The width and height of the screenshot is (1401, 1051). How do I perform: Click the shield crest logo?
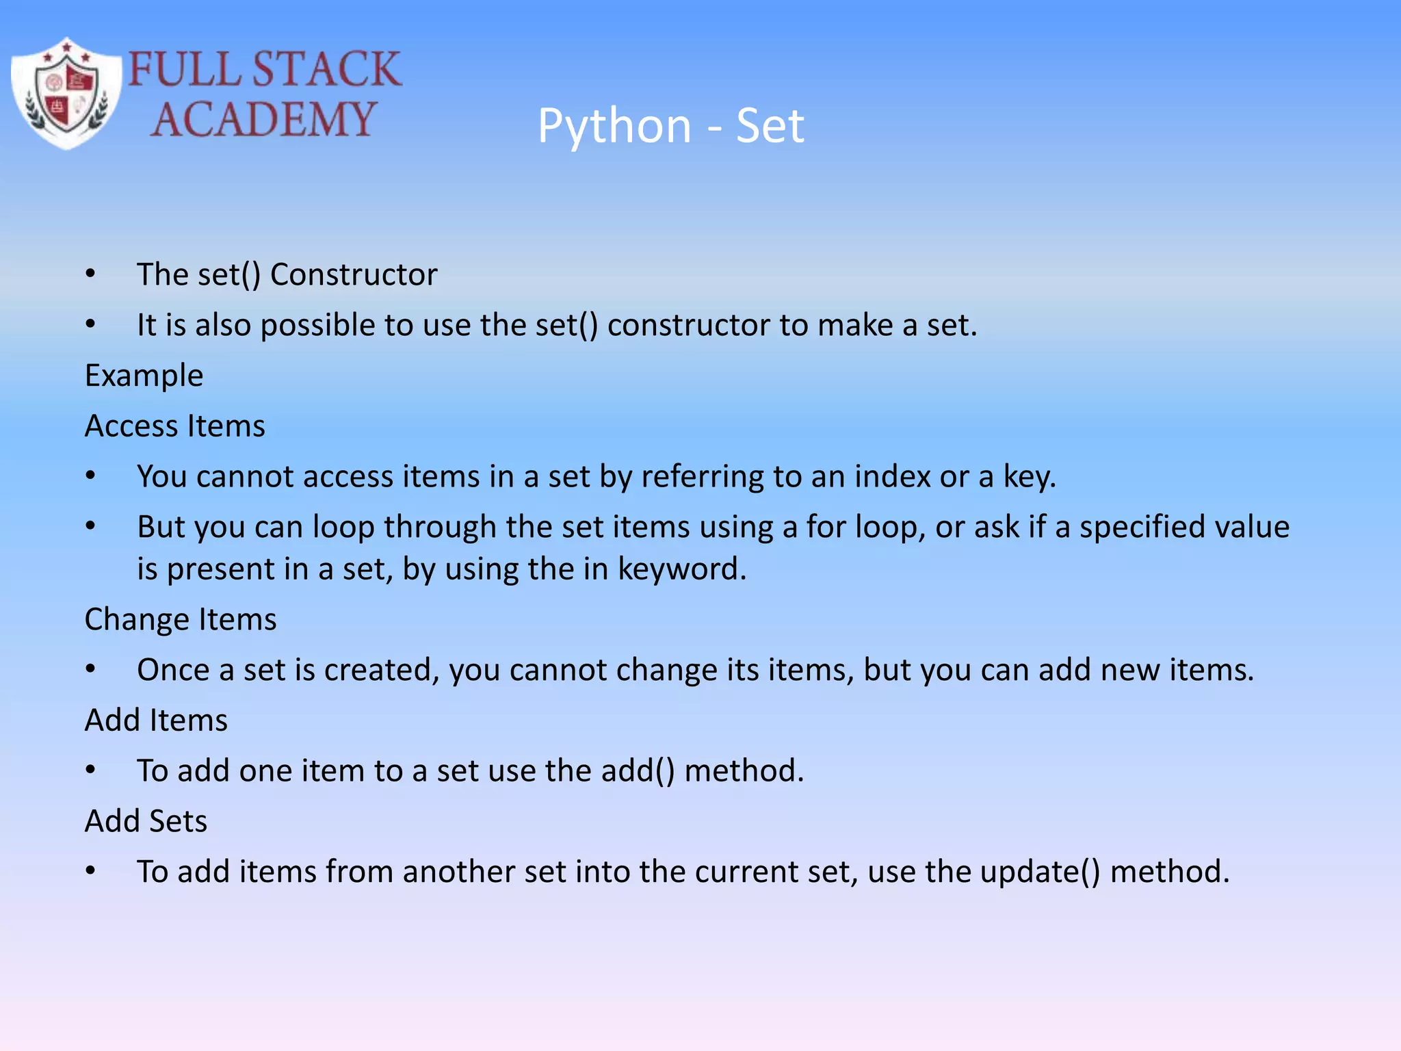66,94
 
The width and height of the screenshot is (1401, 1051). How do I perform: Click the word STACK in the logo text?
326,69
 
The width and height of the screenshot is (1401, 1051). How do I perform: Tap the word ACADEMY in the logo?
263,120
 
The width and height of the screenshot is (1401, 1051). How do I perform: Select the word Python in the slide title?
614,127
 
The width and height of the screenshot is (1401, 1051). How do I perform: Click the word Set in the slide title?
770,127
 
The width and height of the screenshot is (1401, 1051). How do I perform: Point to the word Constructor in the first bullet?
354,275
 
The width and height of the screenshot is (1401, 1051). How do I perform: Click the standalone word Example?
144,376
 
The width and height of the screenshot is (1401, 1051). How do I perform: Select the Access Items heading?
174,426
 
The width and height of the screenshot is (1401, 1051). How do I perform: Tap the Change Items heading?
180,619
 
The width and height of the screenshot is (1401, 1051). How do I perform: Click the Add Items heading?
156,721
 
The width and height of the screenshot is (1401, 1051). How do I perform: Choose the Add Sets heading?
146,821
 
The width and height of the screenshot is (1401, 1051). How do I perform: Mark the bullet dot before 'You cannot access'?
90,476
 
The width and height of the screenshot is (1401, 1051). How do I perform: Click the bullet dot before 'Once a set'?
90,670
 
